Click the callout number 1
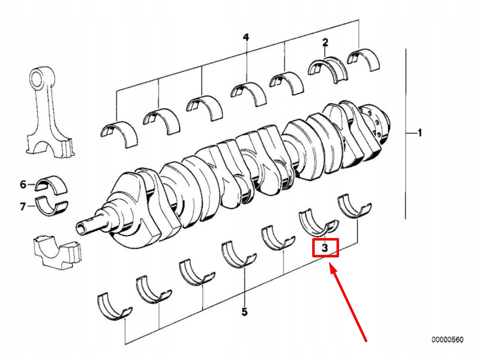click(420, 133)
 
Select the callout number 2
click(325, 42)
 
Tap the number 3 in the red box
click(325, 248)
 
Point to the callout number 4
click(246, 37)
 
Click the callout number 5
click(244, 312)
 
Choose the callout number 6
click(23, 184)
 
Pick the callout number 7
click(23, 207)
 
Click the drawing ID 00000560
click(448, 340)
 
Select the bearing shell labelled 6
click(51, 185)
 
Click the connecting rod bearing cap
click(57, 252)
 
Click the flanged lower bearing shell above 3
click(318, 223)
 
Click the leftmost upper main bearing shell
click(119, 133)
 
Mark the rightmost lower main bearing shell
click(354, 206)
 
